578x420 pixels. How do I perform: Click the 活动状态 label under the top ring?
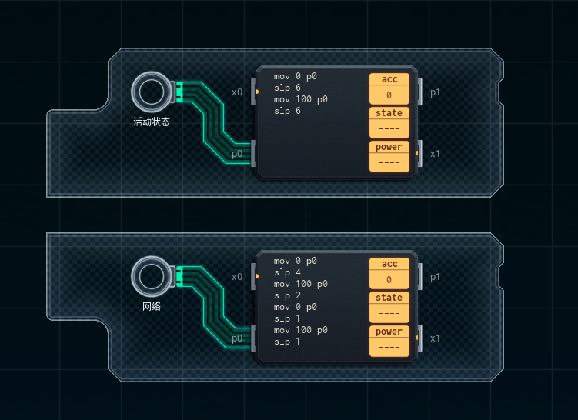(x=152, y=122)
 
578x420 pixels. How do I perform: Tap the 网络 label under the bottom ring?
(x=152, y=306)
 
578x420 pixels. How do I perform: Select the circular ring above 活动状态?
(x=151, y=92)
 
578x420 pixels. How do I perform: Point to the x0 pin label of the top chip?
(x=237, y=92)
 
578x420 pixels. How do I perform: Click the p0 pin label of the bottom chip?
(x=237, y=338)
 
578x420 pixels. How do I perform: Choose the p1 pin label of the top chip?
(x=435, y=92)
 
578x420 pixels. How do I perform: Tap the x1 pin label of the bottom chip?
(x=435, y=338)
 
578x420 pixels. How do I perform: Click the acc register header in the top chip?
(x=389, y=79)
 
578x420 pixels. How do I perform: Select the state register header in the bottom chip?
(x=389, y=298)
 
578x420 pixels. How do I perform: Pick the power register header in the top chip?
(x=389, y=147)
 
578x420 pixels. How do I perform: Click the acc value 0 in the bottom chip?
(x=389, y=280)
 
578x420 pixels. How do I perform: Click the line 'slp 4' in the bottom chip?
(x=288, y=272)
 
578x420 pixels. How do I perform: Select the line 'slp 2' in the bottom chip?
(x=288, y=295)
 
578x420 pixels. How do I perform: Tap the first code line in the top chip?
(x=296, y=77)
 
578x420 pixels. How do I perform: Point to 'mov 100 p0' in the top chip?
(x=301, y=100)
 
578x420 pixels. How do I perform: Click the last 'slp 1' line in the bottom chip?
(x=288, y=342)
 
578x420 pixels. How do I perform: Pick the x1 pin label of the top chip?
(x=435, y=154)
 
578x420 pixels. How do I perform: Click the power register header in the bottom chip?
(x=389, y=332)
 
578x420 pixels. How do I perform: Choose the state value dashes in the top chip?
(x=389, y=129)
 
